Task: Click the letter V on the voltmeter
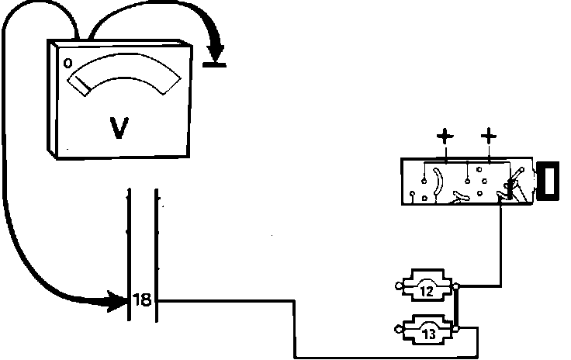pyautogui.click(x=119, y=126)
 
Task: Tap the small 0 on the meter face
pyautogui.click(x=68, y=62)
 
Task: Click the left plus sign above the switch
pyautogui.click(x=444, y=139)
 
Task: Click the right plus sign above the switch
pyautogui.click(x=489, y=139)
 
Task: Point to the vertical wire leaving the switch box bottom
pyautogui.click(x=500, y=241)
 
